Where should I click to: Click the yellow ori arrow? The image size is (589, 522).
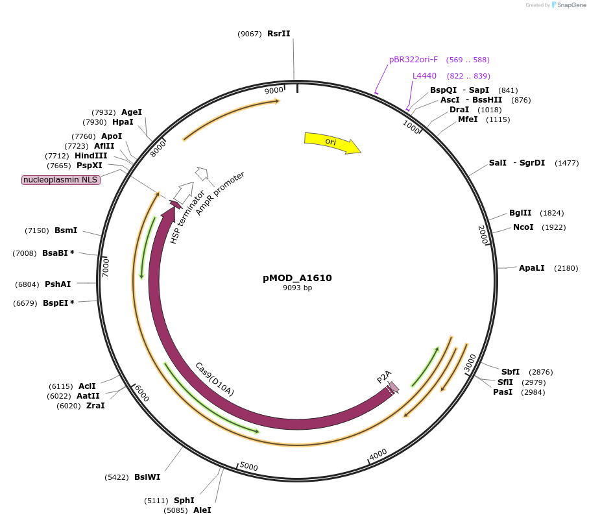[331, 143]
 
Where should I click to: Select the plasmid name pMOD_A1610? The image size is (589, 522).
[297, 278]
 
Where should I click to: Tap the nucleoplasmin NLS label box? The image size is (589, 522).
[61, 180]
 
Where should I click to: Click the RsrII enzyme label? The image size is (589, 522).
[278, 34]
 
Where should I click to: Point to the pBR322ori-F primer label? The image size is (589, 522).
[413, 60]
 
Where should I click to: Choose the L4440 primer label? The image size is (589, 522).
[424, 76]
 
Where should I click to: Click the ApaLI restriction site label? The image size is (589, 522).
[531, 268]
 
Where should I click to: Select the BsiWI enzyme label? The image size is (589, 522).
[147, 477]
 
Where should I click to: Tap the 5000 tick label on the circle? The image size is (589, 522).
[249, 467]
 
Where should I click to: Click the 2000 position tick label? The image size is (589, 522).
[483, 235]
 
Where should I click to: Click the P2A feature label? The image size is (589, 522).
[384, 377]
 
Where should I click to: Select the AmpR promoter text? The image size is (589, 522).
[220, 194]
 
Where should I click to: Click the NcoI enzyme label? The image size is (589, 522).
[523, 227]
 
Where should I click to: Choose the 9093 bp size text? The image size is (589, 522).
[297, 288]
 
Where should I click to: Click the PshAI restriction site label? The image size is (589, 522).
[58, 284]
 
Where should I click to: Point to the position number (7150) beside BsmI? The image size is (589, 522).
[37, 230]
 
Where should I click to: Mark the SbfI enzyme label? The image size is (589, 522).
[511, 372]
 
